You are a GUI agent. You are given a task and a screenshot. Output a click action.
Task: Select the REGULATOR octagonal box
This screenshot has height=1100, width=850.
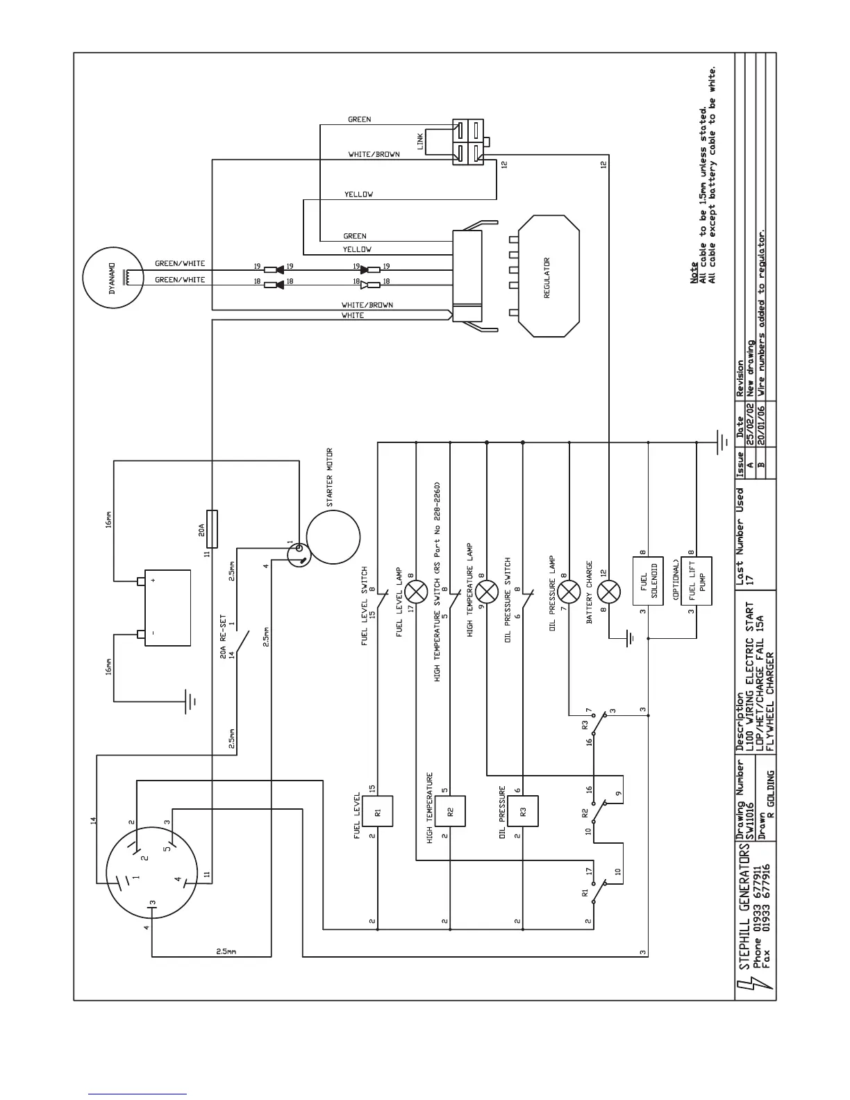548,276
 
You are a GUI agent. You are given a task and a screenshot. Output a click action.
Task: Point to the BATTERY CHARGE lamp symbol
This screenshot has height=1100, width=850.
609,592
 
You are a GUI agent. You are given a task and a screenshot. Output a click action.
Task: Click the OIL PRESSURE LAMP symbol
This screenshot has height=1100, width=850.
569,592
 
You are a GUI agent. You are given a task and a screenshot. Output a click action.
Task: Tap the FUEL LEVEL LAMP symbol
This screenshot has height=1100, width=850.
416,592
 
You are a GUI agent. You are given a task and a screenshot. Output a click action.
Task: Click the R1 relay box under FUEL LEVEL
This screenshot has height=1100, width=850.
377,811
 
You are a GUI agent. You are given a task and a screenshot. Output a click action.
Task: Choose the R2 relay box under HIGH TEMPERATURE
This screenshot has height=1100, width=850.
450,811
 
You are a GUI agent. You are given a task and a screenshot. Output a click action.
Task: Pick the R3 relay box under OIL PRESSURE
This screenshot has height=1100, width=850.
523,811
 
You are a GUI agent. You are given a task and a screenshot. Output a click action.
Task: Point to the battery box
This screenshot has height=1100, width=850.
167,608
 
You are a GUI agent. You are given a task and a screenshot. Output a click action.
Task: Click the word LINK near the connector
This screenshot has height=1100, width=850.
420,142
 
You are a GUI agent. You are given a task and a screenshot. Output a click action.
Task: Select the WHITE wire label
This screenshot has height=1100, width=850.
353,315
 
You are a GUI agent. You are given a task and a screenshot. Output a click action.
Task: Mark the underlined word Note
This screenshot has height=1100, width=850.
694,272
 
